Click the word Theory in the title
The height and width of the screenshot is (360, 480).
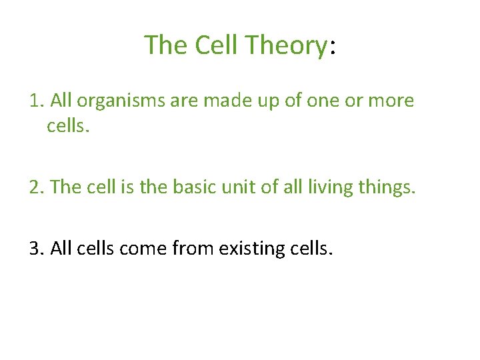(x=285, y=45)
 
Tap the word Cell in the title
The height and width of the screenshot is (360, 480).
(x=217, y=45)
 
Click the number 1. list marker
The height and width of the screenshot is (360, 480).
(x=37, y=101)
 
